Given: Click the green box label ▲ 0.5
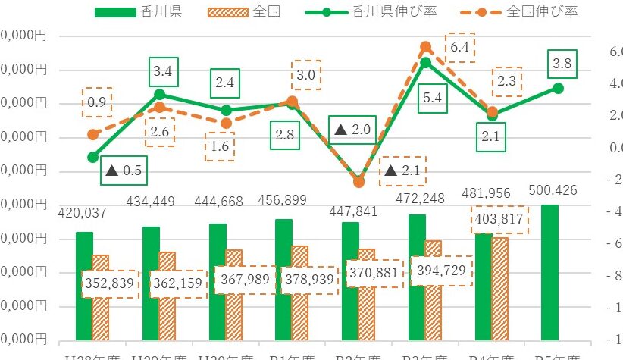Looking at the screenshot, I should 124,171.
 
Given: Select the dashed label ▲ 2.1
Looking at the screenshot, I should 402,171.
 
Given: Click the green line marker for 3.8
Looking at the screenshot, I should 559,88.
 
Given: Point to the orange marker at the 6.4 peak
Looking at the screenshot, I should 426,47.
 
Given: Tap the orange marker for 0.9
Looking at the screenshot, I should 93,134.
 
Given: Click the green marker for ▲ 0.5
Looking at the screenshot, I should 93,157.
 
